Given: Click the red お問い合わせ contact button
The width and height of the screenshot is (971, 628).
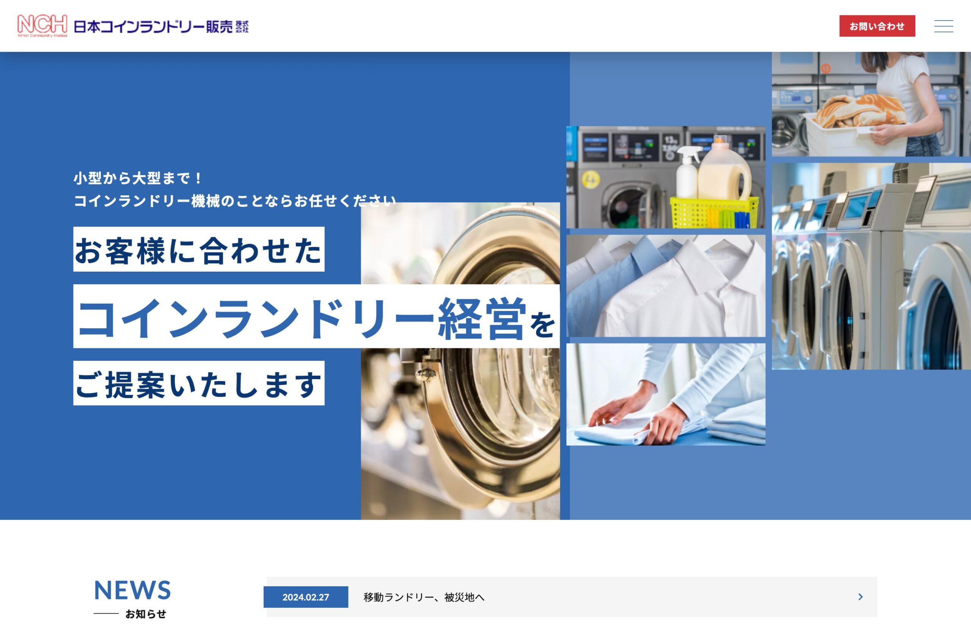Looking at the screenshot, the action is point(877,26).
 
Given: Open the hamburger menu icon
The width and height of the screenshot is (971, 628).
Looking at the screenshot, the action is point(944,26).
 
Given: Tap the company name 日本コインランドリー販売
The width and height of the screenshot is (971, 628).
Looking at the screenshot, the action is point(153,27).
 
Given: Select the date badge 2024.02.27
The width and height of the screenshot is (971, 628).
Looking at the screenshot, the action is point(306,597).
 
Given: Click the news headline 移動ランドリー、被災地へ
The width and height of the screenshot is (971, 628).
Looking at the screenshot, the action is point(424,597).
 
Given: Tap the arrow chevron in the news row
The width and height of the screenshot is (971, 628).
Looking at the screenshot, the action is point(861,597).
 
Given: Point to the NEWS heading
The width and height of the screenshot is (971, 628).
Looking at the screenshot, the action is point(132,590).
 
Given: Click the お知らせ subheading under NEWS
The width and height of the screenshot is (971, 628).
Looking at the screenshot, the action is point(146,614).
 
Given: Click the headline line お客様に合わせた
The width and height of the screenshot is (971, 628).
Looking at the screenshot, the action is point(199,250).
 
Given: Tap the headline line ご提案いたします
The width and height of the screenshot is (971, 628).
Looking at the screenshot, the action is point(199,383).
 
